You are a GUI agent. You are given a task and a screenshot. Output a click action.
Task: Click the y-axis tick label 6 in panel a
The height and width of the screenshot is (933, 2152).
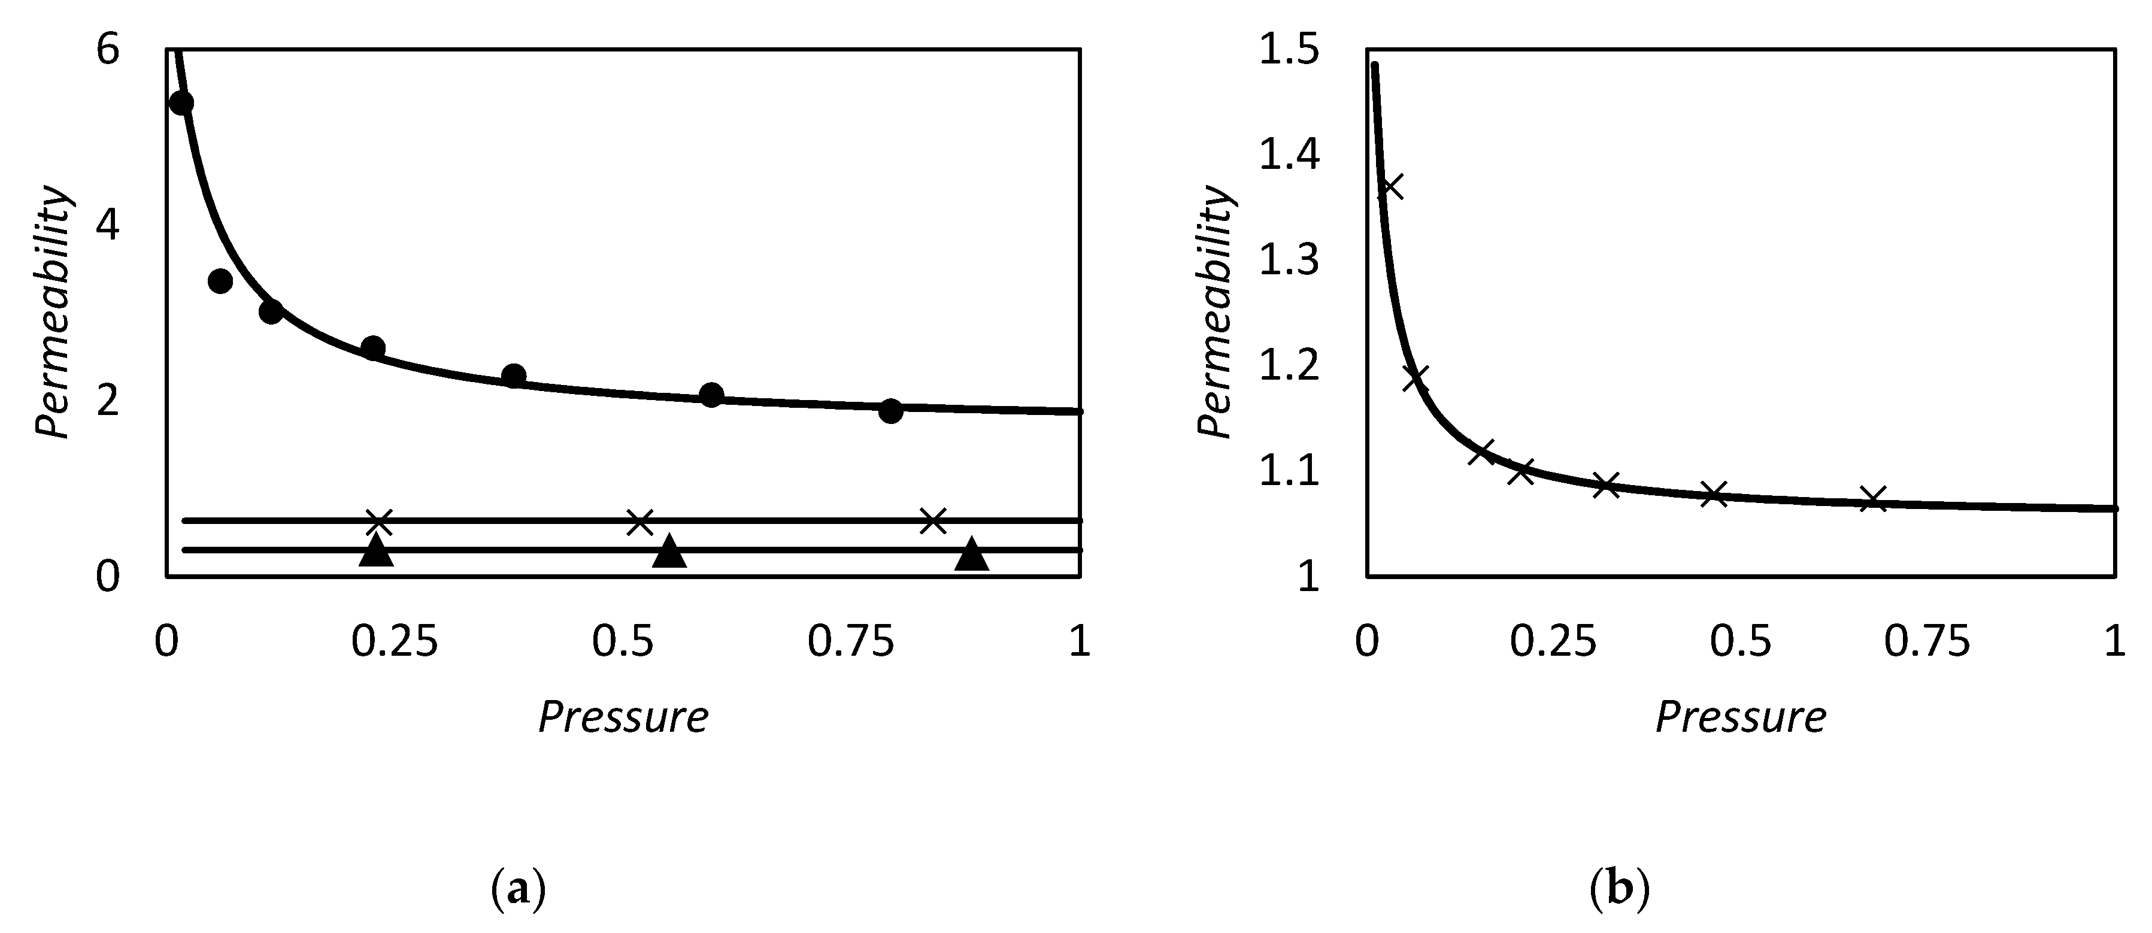coord(108,51)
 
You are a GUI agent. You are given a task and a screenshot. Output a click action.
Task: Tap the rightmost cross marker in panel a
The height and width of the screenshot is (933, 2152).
coord(933,520)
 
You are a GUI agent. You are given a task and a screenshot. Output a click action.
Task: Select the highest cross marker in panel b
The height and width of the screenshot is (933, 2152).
coord(1390,187)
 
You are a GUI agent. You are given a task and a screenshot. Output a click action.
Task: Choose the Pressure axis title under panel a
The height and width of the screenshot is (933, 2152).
coord(623,717)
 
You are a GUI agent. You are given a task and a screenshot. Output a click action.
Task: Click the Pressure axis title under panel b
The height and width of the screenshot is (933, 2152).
coord(1741,717)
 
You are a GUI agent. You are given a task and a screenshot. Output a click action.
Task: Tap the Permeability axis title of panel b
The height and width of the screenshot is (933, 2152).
coord(1216,311)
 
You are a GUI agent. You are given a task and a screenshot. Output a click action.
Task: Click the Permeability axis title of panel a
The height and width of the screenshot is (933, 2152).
coord(53,311)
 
